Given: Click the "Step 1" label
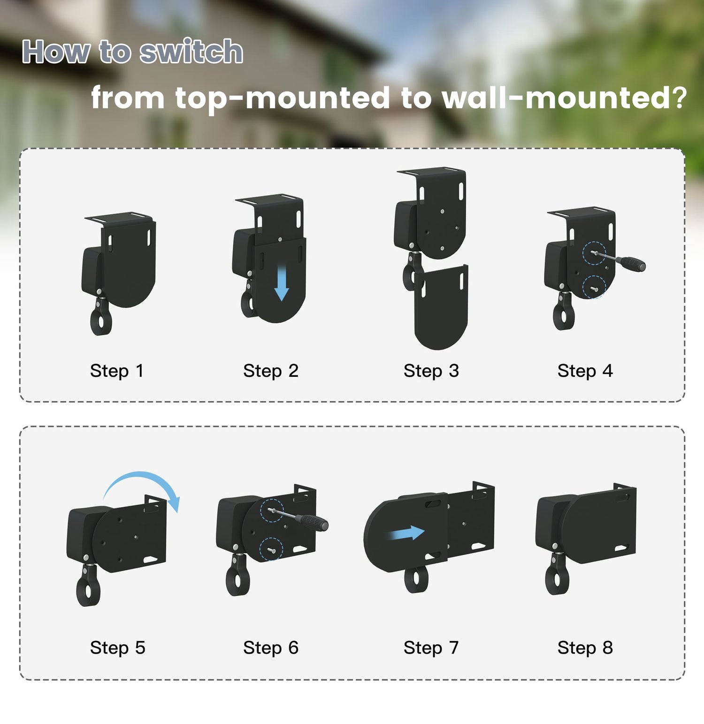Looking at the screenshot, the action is (x=116, y=371).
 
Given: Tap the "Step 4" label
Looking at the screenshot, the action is (x=585, y=371).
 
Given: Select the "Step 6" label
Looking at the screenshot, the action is (x=271, y=648).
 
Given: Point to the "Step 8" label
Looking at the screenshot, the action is (x=585, y=648).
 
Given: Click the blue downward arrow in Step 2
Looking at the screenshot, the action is (x=281, y=282).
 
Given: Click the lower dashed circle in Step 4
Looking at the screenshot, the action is (x=594, y=287).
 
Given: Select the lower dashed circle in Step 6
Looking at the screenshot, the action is (x=271, y=548).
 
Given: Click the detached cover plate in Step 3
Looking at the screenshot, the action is (x=441, y=307).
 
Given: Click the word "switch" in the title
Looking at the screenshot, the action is (x=191, y=51).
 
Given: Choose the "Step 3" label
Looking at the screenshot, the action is (x=431, y=371).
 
